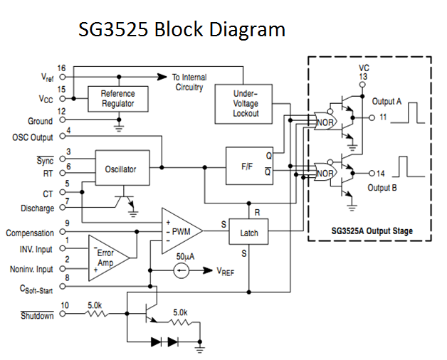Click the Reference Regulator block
point(117,99)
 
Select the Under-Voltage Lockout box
point(246,104)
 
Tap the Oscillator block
point(122,169)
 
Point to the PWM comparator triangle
point(179,230)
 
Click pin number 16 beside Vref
point(62,68)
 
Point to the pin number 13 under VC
point(364,77)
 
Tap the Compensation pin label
point(30,233)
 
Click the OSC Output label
point(33,137)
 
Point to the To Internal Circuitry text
point(188,82)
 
